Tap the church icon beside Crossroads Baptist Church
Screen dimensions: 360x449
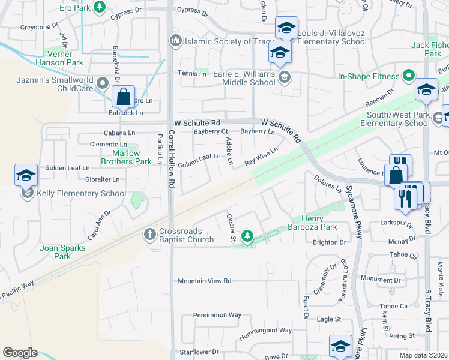pyautogui.click(x=150, y=233)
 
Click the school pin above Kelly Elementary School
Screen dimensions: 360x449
pyautogui.click(x=26, y=175)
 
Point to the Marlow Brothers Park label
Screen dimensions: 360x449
pyautogui.click(x=125, y=157)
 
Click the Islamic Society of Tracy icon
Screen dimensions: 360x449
pyautogui.click(x=176, y=41)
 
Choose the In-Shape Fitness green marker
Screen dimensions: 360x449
pyautogui.click(x=408, y=76)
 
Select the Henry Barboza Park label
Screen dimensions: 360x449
pyautogui.click(x=312, y=223)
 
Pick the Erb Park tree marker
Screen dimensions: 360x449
pyautogui.click(x=99, y=8)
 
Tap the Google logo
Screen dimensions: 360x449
pyautogui.click(x=20, y=353)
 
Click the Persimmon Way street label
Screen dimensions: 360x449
pyautogui.click(x=217, y=314)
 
